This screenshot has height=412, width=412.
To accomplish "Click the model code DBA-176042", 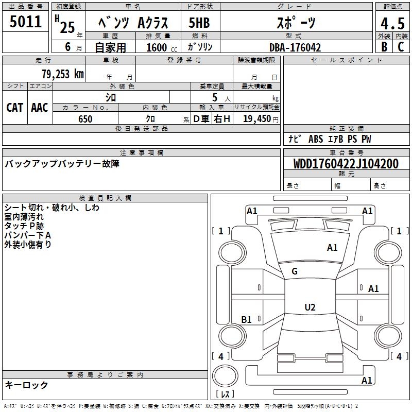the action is (x=295, y=47).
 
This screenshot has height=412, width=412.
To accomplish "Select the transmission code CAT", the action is (x=14, y=107).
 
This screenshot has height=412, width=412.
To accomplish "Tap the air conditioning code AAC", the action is (x=40, y=107).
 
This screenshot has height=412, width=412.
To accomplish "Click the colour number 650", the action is (x=85, y=119).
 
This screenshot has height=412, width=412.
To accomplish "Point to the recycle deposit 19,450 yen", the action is (x=257, y=119).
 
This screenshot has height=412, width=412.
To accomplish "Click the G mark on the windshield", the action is (x=295, y=271).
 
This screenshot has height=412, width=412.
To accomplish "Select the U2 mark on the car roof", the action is (x=310, y=307).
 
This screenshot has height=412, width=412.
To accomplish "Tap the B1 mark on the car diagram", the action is (x=247, y=320).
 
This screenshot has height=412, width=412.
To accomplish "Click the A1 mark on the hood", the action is (x=332, y=248).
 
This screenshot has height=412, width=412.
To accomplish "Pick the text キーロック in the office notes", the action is (x=26, y=385).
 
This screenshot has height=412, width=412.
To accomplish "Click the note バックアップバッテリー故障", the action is (x=62, y=164).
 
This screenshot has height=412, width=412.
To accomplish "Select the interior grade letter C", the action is (x=401, y=46).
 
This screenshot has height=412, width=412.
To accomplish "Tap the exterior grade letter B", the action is (x=384, y=46).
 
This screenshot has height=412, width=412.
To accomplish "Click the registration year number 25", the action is (x=67, y=27).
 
